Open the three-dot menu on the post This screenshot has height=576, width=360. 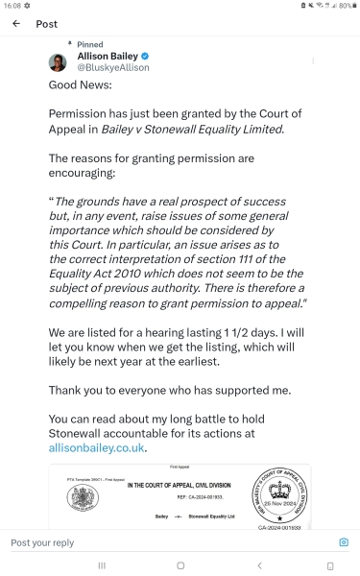click(x=313, y=61)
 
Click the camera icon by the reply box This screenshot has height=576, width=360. click(x=344, y=542)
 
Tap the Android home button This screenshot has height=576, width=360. click(x=180, y=565)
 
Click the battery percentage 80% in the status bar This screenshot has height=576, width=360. click(x=345, y=6)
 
